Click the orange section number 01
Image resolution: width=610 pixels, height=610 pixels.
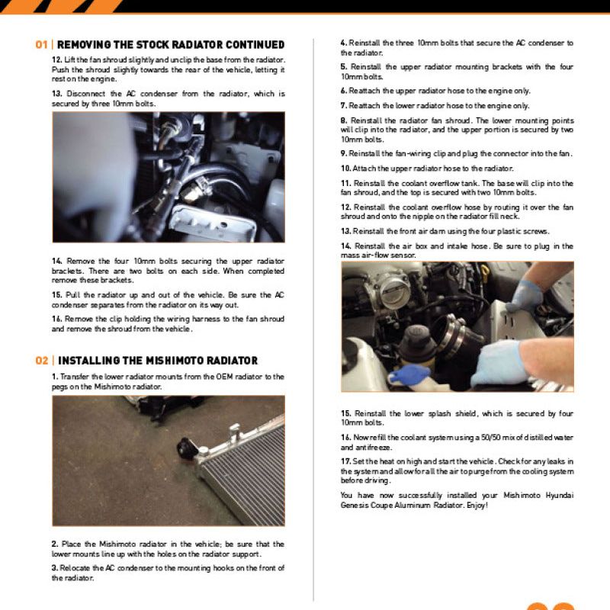coord(42,44)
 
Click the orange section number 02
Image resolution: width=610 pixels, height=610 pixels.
coord(42,361)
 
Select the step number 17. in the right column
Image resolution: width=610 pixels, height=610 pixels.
coord(345,461)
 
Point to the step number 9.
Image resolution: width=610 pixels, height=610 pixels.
coord(344,153)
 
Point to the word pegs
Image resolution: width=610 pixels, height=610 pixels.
coord(60,387)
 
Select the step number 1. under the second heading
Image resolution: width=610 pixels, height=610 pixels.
coord(55,377)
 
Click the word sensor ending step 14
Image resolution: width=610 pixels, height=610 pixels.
coord(403,256)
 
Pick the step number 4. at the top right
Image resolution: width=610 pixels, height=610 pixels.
coord(344,43)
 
